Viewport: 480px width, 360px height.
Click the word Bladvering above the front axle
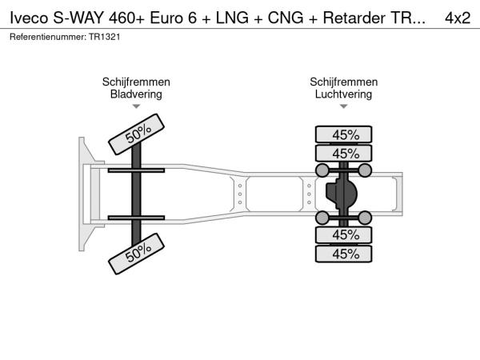click(136, 94)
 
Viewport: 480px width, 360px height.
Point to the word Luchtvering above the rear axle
click(344, 94)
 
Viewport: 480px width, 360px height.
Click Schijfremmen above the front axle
click(136, 82)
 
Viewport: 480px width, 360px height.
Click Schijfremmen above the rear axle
click(344, 82)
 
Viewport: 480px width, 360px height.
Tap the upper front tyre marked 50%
click(137, 133)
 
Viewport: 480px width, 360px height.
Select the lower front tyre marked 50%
click(137, 254)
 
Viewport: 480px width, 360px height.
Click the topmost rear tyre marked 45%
click(344, 134)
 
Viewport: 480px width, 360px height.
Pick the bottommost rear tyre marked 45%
click(344, 254)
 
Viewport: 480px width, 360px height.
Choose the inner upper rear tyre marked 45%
click(344, 154)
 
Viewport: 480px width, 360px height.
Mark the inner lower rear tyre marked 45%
click(344, 234)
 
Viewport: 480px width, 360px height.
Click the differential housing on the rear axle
click(342, 194)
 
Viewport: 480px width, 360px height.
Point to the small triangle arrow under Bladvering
click(136, 106)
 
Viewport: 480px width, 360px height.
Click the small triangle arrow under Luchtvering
click(344, 106)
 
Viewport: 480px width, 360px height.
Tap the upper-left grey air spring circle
click(322, 170)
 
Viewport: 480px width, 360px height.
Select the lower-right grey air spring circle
click(365, 218)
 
